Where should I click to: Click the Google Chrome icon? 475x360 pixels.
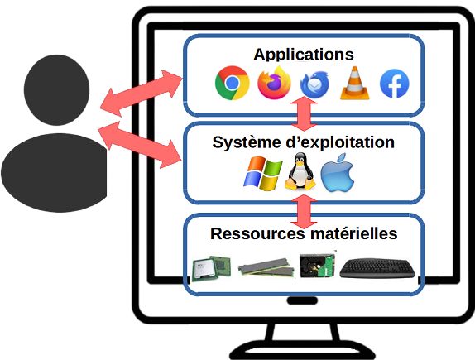[232, 84]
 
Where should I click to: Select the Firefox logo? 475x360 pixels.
[274, 84]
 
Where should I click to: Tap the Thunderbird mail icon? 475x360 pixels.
[315, 84]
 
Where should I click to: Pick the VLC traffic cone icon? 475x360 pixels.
[355, 84]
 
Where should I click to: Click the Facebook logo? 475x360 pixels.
[395, 84]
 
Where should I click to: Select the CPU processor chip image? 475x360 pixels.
[206, 266]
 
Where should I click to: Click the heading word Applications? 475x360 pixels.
[303, 55]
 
